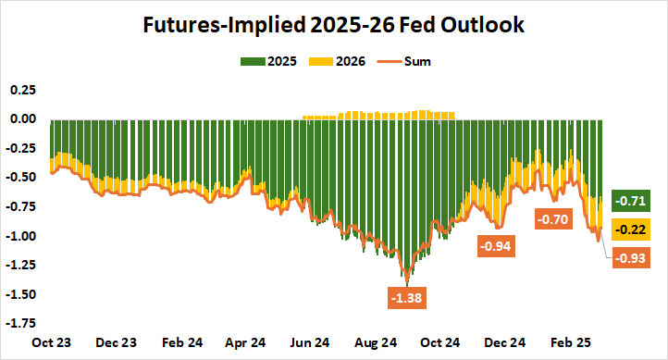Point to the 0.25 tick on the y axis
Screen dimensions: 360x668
(x=21, y=90)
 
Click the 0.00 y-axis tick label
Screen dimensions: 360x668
(x=21, y=118)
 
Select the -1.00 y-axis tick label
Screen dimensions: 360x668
(x=19, y=236)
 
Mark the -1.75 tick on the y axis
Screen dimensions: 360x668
(x=19, y=324)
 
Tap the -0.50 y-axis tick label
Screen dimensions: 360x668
(x=19, y=178)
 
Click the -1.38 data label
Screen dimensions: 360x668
(x=408, y=298)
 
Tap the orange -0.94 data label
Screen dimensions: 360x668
(x=495, y=246)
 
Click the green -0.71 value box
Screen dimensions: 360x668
(x=635, y=200)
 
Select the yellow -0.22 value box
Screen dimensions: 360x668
(x=635, y=229)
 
